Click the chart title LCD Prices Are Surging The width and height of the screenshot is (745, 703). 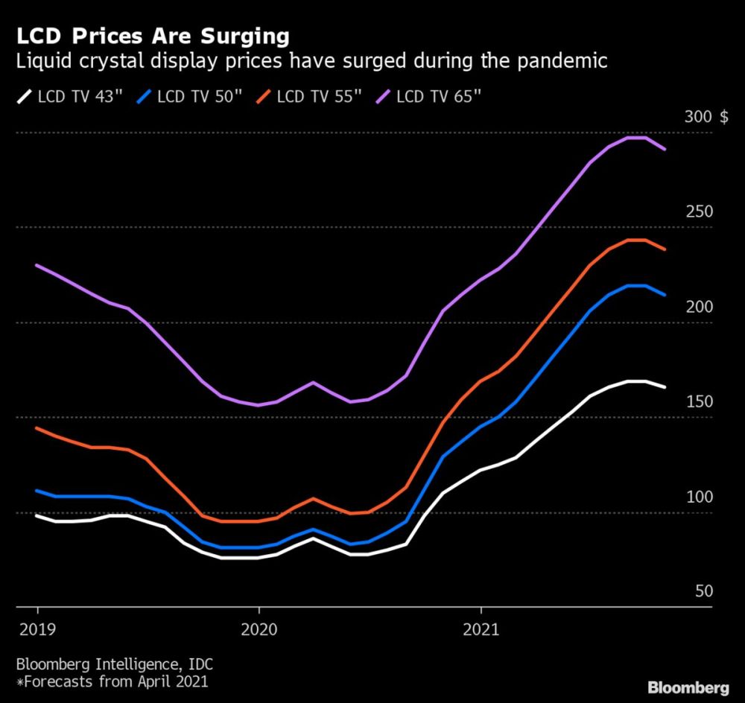148,36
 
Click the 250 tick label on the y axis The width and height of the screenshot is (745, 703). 700,211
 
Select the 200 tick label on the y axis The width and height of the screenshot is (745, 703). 700,307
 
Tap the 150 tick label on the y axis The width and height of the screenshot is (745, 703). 700,401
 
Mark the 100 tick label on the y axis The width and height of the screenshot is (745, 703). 700,497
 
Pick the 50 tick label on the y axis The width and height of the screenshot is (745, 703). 704,591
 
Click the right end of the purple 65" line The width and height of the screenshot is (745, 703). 665,150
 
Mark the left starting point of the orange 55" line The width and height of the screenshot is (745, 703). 37,428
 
